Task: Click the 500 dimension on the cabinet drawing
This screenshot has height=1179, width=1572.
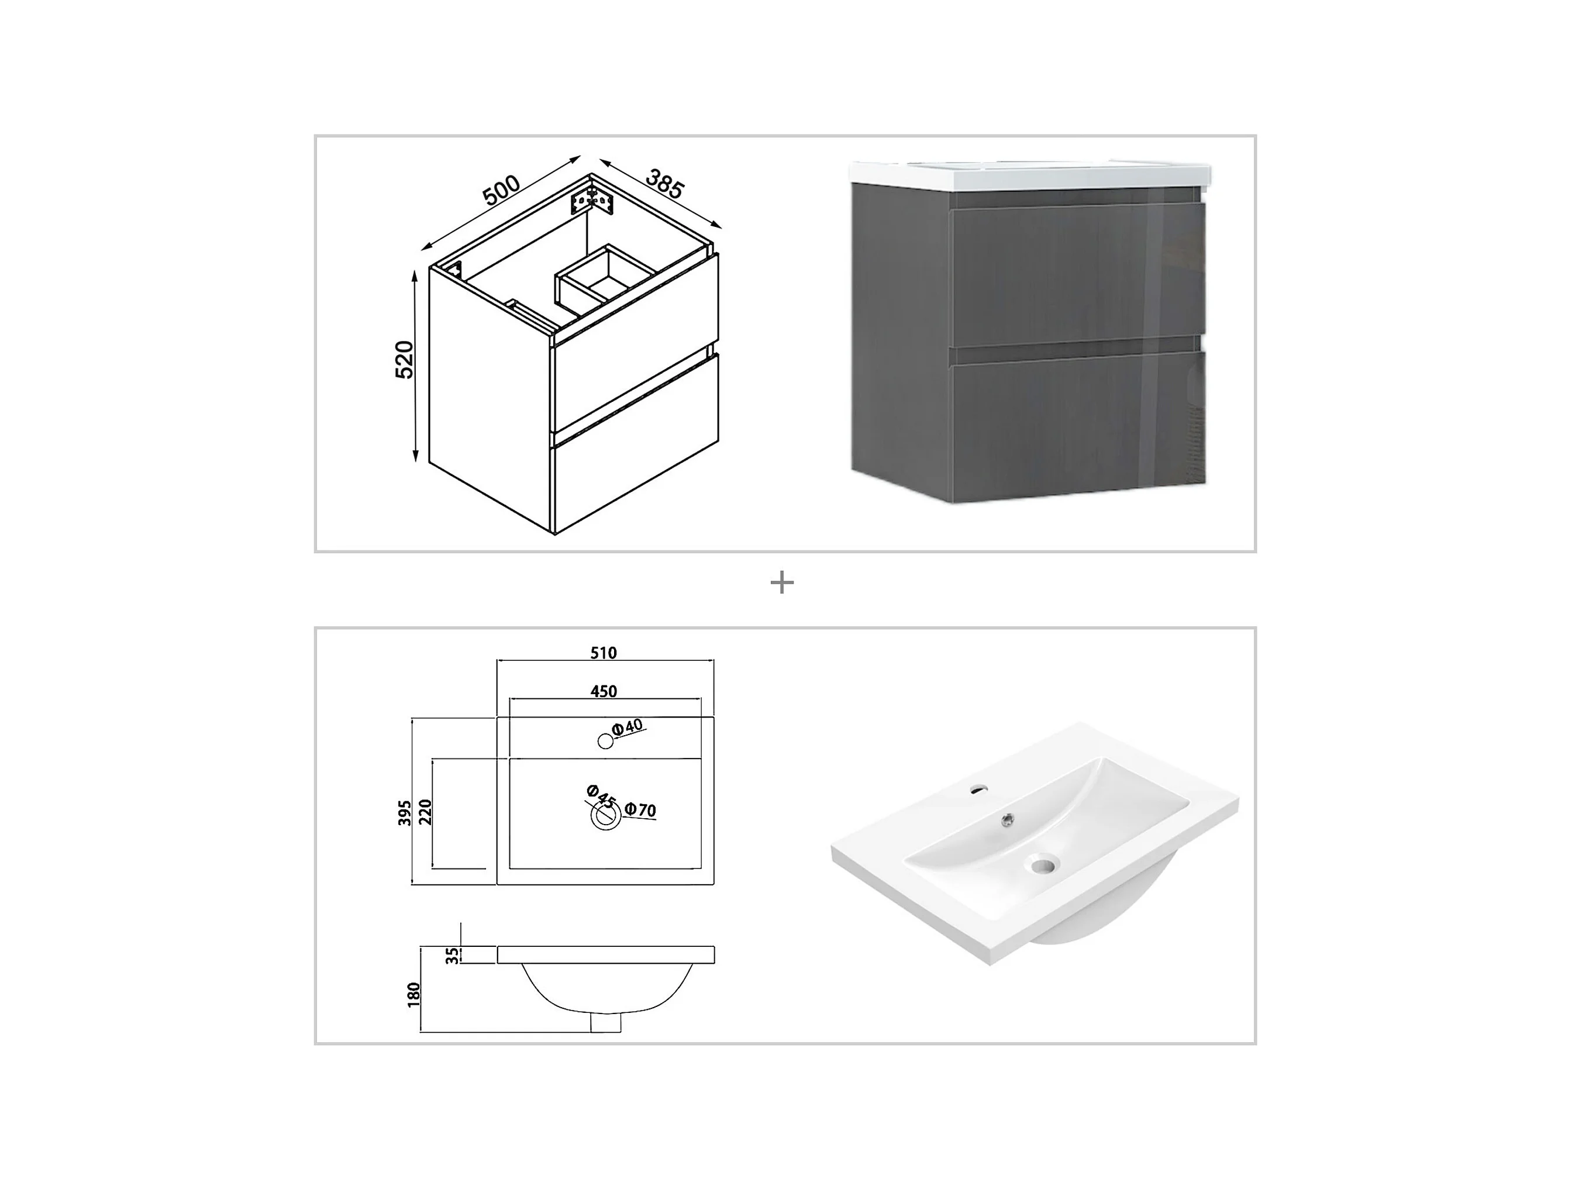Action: pos(502,189)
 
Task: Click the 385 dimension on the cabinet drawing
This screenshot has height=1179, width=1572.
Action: pos(664,184)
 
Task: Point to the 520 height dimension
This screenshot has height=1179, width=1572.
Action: pos(404,360)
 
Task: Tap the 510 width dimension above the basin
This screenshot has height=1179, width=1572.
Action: pos(604,653)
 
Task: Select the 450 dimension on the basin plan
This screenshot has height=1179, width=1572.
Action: pos(604,691)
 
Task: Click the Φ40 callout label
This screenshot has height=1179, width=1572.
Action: pos(628,727)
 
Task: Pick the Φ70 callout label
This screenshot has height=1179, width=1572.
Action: pos(640,809)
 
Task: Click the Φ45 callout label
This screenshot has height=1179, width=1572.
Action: pos(601,795)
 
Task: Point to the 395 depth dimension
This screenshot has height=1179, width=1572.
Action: pos(404,813)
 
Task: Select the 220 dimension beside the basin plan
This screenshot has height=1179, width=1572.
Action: pos(425,812)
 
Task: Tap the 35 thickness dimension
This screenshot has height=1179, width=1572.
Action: pos(452,956)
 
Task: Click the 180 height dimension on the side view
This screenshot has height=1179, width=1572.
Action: pos(414,995)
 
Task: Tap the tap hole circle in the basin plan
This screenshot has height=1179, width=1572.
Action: pos(605,741)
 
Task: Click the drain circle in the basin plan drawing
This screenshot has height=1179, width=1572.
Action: pos(605,816)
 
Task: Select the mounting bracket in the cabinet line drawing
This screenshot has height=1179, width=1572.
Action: pos(592,199)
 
